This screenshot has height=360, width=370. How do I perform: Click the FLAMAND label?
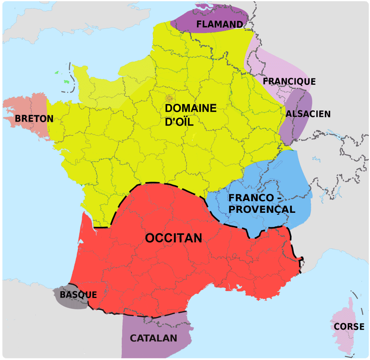[x=219, y=24]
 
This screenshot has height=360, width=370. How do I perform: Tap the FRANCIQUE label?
[x=289, y=82]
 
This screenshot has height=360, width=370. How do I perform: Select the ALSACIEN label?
[x=308, y=114]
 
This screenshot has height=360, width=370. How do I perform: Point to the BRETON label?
[x=34, y=119]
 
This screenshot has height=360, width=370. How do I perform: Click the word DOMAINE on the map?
[x=191, y=108]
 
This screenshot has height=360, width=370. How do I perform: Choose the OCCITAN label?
[x=173, y=238]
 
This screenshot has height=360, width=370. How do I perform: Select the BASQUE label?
[x=78, y=295]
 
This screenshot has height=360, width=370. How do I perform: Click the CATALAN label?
[x=153, y=338]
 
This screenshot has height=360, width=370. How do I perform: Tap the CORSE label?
[x=349, y=327]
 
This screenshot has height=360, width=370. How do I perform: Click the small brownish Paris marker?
[x=169, y=98]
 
